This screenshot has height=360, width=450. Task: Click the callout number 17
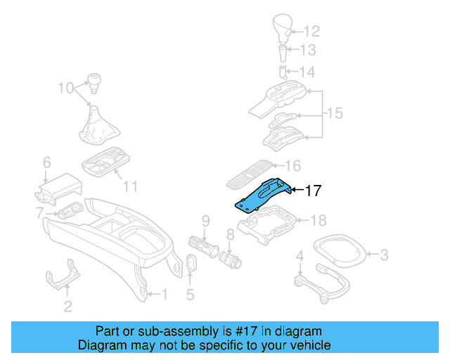[x=313, y=190]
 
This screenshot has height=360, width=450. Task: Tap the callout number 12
[x=311, y=31]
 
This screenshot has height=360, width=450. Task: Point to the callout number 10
[x=65, y=89]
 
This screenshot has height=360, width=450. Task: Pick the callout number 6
[x=46, y=162]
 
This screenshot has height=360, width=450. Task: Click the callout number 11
[x=129, y=186]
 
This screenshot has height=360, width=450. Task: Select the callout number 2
[x=67, y=306]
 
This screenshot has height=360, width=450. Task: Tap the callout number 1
[x=165, y=294]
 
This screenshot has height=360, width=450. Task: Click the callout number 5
[x=190, y=295]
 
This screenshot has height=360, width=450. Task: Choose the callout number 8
[x=230, y=234]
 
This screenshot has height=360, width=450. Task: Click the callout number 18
[x=319, y=221]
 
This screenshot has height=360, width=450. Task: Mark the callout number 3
[x=384, y=255]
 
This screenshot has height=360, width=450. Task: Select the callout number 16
[x=292, y=167]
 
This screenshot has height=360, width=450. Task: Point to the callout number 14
[x=309, y=72]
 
